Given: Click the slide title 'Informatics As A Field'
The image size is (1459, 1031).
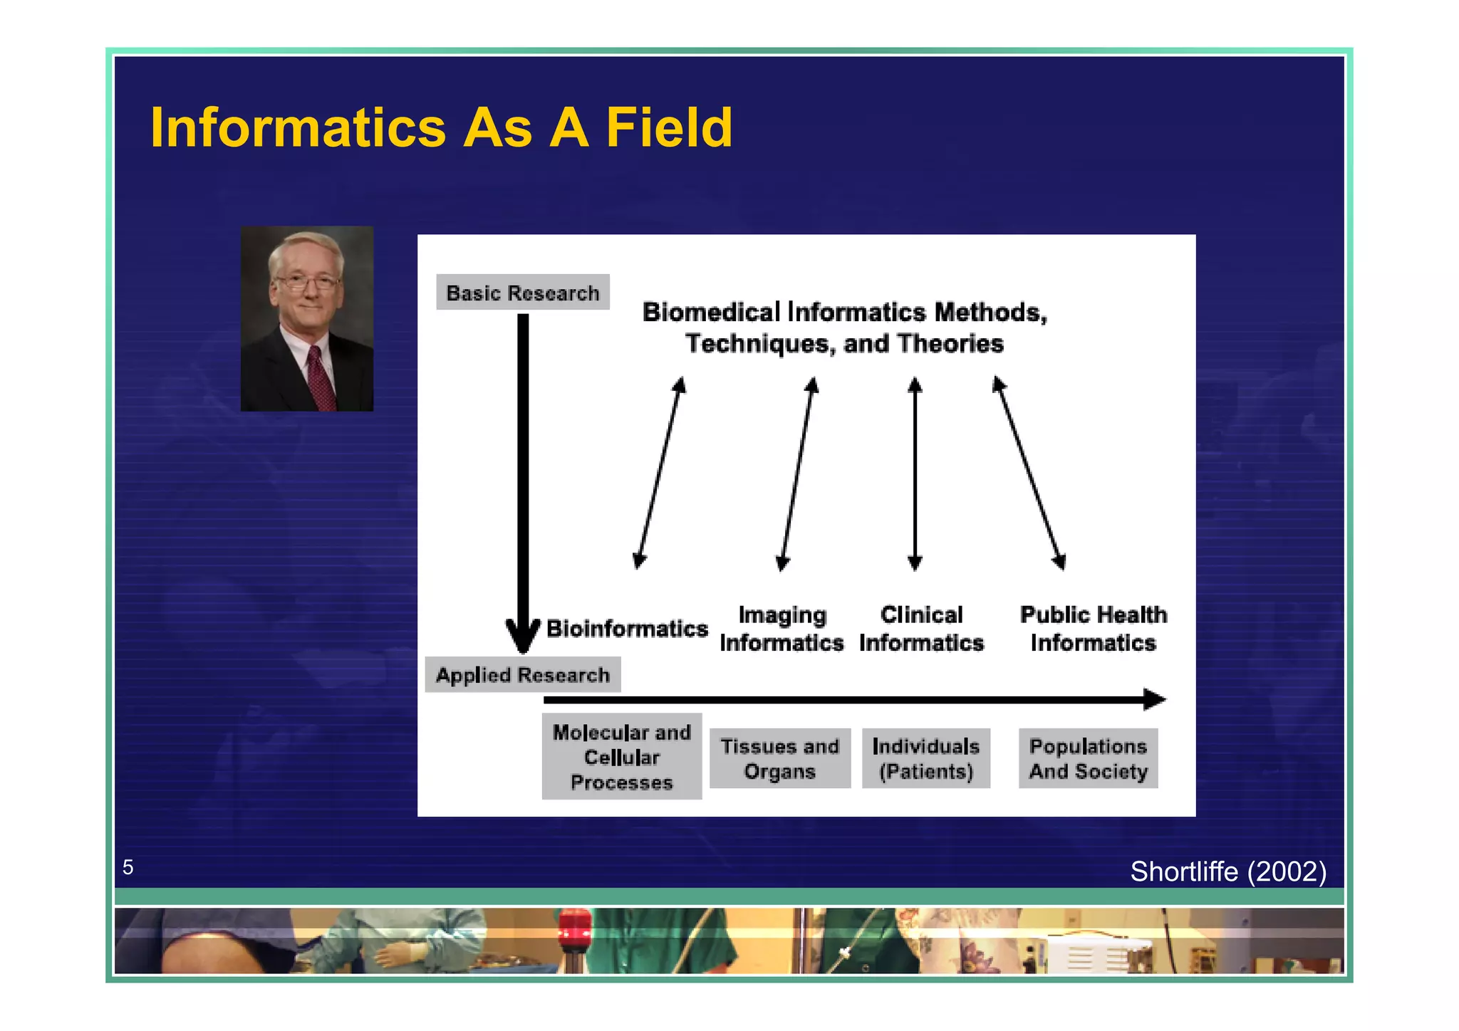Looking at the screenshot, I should click(441, 127).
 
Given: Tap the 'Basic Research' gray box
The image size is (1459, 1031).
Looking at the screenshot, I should click(522, 293).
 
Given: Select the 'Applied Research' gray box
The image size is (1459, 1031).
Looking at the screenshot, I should click(522, 674).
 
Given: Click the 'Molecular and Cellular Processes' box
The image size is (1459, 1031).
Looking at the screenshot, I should click(621, 757).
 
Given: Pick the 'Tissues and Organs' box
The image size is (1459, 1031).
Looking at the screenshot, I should click(779, 758).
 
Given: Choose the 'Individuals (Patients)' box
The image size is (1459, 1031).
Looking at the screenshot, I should click(925, 758).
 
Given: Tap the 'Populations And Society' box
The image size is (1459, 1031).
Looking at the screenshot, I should click(1088, 758).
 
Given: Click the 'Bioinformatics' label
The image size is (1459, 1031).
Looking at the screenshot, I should click(627, 629).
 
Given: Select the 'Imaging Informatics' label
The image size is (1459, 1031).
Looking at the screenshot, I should click(782, 629).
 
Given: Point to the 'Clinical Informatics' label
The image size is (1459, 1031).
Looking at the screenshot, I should click(921, 629).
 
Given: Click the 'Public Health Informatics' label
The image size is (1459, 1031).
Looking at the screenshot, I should click(1093, 629).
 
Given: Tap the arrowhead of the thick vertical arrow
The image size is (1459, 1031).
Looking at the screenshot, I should click(523, 636).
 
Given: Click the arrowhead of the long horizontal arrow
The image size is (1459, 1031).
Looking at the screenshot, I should click(1153, 699).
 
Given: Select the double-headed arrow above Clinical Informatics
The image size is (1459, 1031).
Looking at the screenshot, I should click(915, 474).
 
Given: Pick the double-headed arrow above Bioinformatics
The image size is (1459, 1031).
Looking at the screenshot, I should click(660, 473).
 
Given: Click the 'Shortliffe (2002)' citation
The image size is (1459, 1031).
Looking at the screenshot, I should click(1227, 872).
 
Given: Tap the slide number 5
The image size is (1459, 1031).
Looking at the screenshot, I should click(128, 867).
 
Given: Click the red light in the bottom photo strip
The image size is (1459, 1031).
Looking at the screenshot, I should click(574, 929).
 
